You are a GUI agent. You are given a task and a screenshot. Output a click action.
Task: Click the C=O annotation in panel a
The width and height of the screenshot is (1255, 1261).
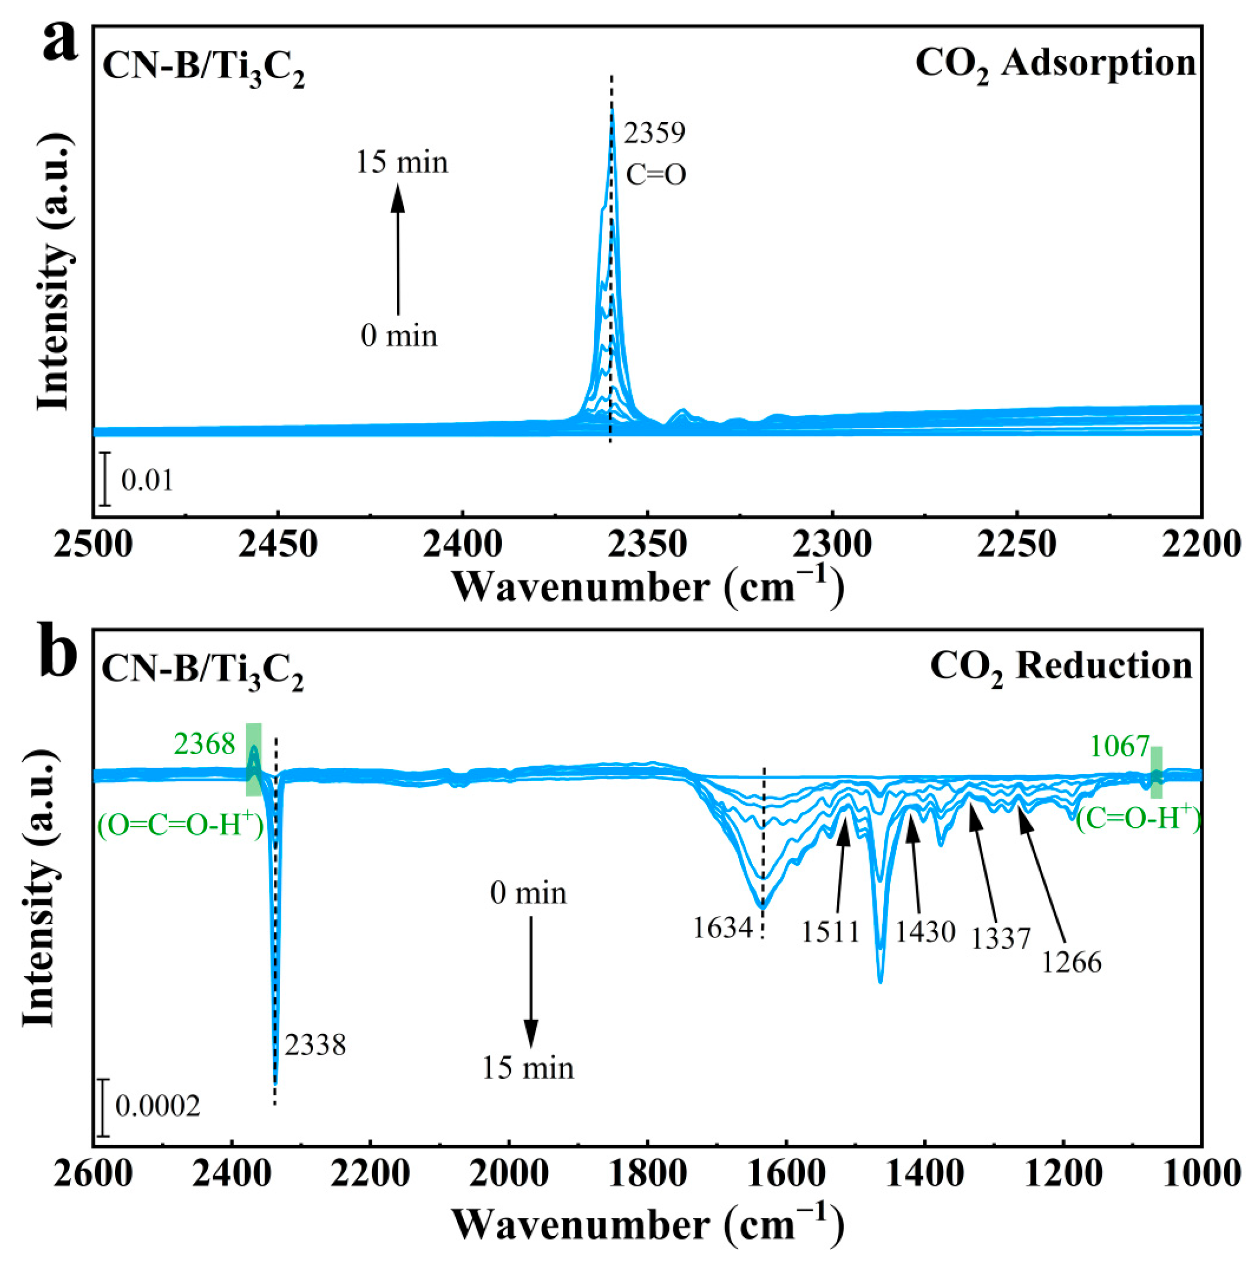pos(656,175)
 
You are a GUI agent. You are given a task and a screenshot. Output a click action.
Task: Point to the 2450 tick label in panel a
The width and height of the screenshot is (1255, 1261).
pos(277,544)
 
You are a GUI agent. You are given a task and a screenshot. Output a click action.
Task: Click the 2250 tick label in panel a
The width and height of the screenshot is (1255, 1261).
pos(1017,544)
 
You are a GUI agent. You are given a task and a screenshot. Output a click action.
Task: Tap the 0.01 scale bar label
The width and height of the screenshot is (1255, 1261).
pos(148,481)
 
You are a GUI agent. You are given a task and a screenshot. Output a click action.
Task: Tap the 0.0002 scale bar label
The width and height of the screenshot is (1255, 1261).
pos(158,1106)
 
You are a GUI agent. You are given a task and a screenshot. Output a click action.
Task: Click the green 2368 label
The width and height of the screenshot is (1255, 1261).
pos(204,743)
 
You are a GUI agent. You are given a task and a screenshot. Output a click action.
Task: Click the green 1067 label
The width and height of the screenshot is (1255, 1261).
pos(1119,746)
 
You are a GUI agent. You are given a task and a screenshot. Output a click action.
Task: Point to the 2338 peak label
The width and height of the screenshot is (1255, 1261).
pos(315,1045)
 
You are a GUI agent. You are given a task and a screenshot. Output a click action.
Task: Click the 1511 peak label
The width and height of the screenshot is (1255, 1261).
pos(831,932)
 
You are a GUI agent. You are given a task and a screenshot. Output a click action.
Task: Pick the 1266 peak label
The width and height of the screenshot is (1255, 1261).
pos(1071,963)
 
